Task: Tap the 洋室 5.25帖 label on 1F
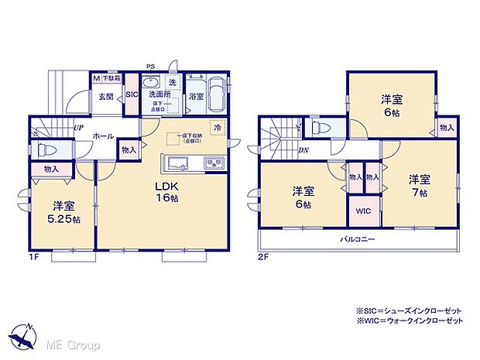click(x=63, y=214)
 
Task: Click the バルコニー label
click(x=358, y=240)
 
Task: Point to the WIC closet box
click(x=364, y=211)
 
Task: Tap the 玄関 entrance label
click(x=105, y=96)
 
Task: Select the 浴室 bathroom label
click(x=196, y=97)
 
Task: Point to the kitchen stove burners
click(x=212, y=163)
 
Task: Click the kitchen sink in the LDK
click(x=177, y=163)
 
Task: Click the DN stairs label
click(x=302, y=150)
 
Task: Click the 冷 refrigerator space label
click(x=218, y=126)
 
